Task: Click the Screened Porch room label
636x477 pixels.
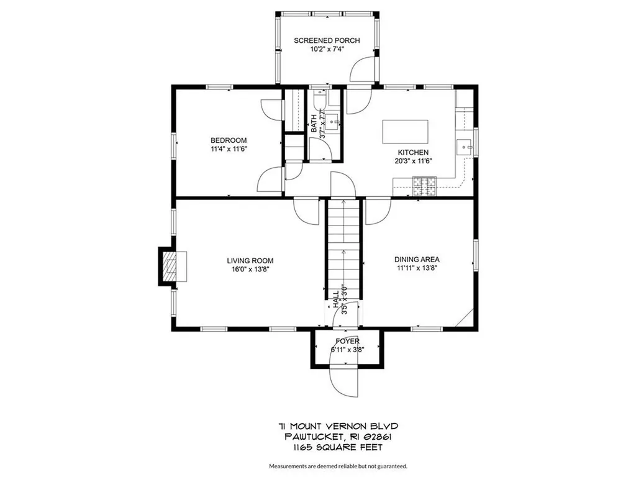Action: [327, 40]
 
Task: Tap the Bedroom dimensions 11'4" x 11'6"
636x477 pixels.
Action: [229, 149]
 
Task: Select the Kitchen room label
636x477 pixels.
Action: [413, 153]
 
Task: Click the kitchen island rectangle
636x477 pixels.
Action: [405, 132]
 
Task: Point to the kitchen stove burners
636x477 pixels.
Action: [424, 186]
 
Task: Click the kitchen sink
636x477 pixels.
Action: [464, 147]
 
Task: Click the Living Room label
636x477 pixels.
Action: [250, 261]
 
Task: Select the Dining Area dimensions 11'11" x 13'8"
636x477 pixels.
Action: [417, 268]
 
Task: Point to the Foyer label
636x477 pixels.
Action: [347, 341]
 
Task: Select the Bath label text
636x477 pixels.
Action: [314, 124]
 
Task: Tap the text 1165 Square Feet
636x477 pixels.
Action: [338, 447]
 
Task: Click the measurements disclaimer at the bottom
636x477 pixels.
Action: [338, 466]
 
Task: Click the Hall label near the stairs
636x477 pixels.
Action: [336, 299]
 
